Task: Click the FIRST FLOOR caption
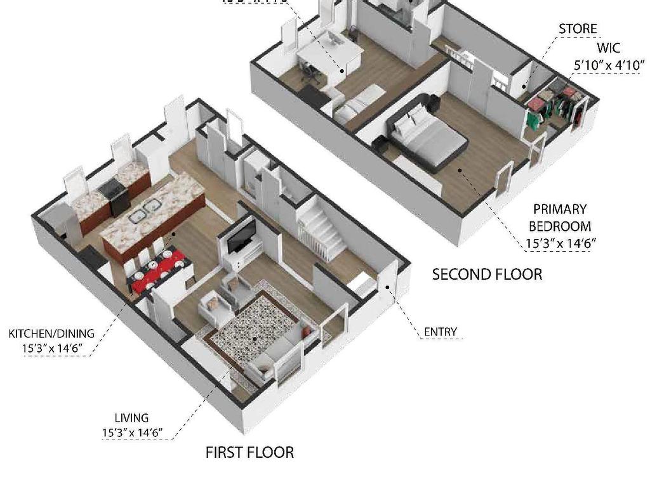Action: [249, 452]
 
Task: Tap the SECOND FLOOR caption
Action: [487, 275]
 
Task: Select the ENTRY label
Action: [440, 332]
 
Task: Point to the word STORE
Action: [577, 29]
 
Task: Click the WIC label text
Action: [607, 48]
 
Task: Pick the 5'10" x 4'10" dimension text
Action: [607, 65]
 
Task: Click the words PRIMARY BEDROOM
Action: [560, 218]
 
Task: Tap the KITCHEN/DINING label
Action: [51, 334]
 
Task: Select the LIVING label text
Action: [131, 418]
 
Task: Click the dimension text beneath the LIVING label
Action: [132, 433]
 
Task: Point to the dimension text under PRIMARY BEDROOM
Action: [560, 242]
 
